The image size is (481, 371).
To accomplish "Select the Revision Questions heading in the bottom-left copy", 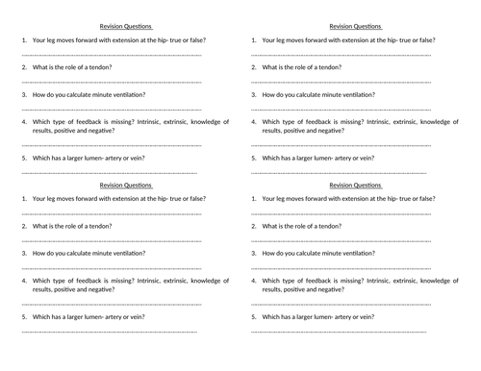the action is pos(126,184).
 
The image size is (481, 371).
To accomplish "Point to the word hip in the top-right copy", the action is pos(399,40).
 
